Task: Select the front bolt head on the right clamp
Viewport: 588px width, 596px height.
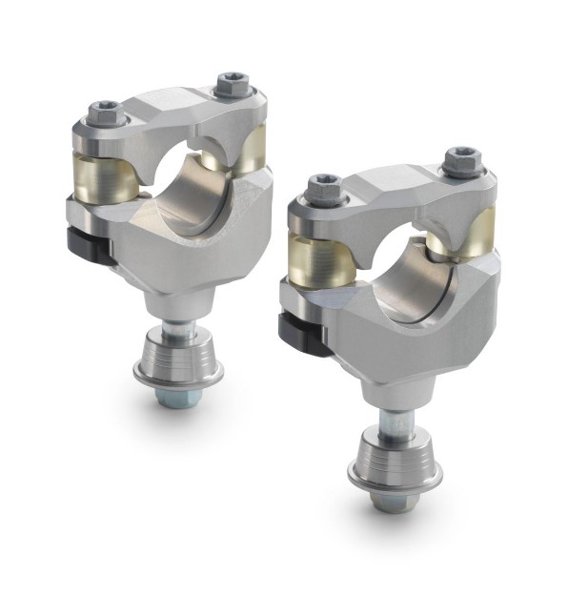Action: (x=320, y=191)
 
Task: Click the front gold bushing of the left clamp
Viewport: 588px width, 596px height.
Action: (x=103, y=175)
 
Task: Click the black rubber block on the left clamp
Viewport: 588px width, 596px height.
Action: (x=89, y=249)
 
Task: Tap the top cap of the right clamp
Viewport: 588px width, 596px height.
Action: (x=391, y=191)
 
